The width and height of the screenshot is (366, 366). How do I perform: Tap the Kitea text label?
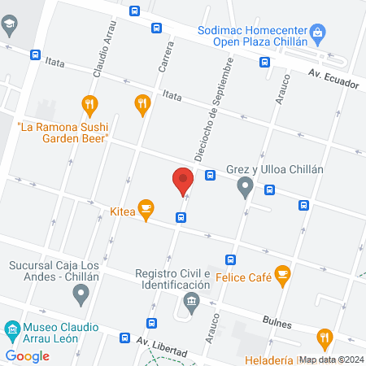coord(122,211)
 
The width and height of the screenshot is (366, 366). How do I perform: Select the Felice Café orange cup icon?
coord(283,277)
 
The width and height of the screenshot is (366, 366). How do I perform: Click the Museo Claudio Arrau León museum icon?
coord(11,330)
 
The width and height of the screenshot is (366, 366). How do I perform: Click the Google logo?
coord(27,355)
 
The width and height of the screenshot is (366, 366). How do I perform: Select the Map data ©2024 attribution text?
coord(330,359)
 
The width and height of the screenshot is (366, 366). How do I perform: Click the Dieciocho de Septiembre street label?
coord(210,111)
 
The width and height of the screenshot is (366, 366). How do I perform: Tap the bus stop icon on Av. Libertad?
coord(125,338)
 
